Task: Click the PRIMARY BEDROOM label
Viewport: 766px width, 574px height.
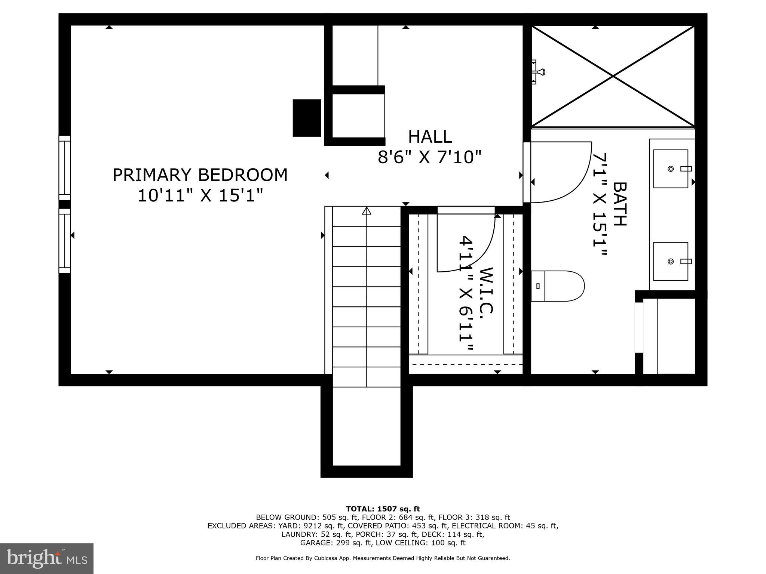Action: (x=200, y=175)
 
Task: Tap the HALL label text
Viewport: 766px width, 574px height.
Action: (x=430, y=137)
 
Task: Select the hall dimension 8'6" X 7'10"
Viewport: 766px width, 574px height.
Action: (x=429, y=157)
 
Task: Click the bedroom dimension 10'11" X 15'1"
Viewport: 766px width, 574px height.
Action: (x=200, y=195)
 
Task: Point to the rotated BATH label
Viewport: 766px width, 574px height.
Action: (x=620, y=204)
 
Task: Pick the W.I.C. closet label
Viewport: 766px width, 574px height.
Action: (x=487, y=290)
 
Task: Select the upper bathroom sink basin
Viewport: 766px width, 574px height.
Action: (x=670, y=169)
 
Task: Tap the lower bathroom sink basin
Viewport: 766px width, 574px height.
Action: (x=670, y=261)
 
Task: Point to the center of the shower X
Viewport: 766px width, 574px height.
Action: (x=613, y=76)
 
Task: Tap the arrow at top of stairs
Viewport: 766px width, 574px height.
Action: (x=367, y=211)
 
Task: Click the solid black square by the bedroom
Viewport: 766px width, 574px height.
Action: (x=307, y=118)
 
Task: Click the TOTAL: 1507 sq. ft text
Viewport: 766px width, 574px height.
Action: (x=383, y=509)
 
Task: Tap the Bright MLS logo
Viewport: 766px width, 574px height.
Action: (x=46, y=558)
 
